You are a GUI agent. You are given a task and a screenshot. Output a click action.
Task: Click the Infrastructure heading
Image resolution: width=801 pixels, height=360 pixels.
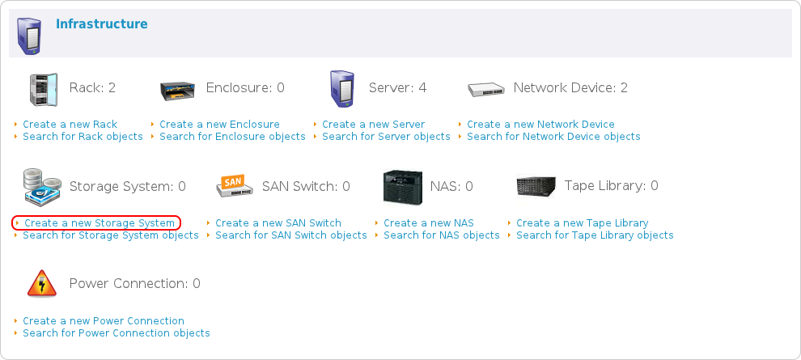coord(101,24)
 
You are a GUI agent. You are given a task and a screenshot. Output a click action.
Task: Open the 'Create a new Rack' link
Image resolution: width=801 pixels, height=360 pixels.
coord(70,125)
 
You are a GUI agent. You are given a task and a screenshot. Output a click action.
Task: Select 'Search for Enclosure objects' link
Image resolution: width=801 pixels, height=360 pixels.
coord(232,137)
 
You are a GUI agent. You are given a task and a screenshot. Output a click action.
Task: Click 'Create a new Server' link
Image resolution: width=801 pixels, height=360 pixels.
coord(373,125)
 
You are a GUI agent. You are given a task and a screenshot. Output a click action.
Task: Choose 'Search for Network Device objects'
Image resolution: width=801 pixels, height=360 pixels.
coord(553,137)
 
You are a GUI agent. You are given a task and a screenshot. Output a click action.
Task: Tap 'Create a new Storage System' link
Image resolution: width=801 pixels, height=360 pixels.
coord(99,223)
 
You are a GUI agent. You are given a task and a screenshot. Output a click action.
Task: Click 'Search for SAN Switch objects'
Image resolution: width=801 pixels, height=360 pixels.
coord(291,235)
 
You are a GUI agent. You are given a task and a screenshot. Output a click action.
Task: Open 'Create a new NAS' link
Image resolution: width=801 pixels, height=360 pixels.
coord(429,223)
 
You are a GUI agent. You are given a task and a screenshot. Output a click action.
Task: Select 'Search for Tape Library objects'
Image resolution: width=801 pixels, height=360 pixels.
coord(595,235)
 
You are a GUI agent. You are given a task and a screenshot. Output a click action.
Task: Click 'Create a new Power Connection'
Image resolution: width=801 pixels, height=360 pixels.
coord(104,321)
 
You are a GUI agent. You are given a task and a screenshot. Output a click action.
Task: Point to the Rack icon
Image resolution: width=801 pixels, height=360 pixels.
coord(43,88)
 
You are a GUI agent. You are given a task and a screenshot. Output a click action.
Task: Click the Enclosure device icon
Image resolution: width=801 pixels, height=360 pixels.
coord(178,89)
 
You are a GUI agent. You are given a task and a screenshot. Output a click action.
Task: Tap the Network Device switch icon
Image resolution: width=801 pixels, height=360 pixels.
coord(485,89)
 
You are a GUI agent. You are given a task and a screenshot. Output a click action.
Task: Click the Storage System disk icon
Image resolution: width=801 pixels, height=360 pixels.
coord(41,187)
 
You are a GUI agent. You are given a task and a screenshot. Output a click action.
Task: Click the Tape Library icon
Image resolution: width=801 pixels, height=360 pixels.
coord(536,186)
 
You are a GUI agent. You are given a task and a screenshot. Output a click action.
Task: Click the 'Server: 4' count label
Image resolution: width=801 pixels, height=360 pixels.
coord(397,88)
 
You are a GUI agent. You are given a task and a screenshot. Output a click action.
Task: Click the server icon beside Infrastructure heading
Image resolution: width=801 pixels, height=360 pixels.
coord(29,35)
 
